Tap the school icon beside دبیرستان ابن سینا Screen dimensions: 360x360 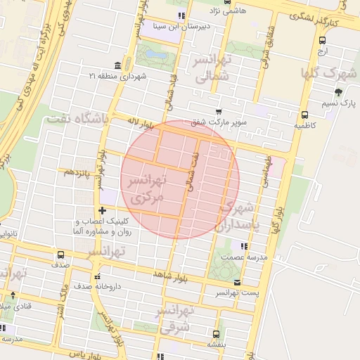tap(181, 15)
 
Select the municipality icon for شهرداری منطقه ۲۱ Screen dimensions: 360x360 tap(116, 65)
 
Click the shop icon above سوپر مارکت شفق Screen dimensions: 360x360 tap(219, 112)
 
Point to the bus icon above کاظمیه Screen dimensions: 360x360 tap(304, 115)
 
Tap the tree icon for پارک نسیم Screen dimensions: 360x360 tap(338, 92)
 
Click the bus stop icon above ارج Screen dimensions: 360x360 tap(323, 39)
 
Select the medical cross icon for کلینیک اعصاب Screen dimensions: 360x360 tap(103, 210)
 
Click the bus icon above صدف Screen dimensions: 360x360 tap(60, 255)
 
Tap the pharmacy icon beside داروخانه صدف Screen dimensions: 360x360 tap(98, 276)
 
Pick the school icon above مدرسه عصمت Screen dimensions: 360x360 tap(244, 246)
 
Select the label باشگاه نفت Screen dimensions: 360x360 tap(77, 119)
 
